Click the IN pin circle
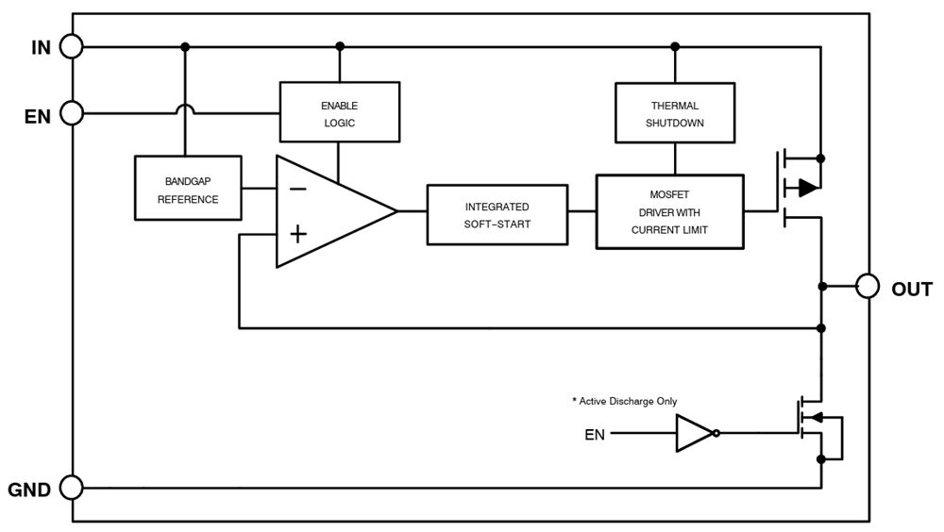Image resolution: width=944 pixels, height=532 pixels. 72,45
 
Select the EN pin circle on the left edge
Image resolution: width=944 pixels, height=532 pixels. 72,114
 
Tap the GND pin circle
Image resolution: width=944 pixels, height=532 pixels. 72,488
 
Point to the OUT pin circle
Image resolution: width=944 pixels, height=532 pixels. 868,287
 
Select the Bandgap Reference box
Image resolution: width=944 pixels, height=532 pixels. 188,189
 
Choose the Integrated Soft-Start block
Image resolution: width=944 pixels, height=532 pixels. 497,215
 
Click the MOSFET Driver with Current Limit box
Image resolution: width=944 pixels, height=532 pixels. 669,212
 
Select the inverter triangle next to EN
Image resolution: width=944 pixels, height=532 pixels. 695,434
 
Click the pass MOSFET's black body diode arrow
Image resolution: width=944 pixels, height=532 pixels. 808,188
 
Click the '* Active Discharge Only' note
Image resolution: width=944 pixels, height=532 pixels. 624,401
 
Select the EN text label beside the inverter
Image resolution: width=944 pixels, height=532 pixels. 595,435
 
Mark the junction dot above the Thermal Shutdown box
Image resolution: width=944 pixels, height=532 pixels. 674,45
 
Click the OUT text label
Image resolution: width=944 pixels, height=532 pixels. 912,289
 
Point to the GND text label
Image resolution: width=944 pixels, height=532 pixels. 29,490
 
